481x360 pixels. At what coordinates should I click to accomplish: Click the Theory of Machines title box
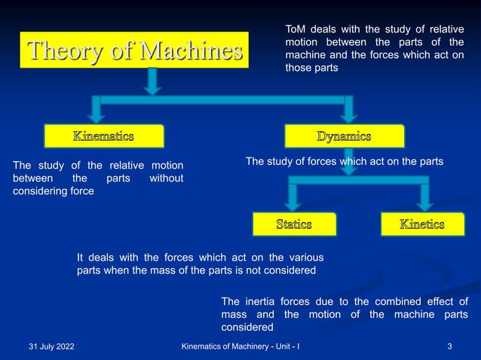tap(134, 50)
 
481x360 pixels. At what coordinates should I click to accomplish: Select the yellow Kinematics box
tap(103, 136)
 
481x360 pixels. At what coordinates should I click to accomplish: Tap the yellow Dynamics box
tap(344, 136)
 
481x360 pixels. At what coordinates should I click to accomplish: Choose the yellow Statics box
tap(293, 224)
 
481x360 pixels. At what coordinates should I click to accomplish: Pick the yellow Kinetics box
tap(421, 224)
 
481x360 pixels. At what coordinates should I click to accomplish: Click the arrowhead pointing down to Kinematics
tap(96, 116)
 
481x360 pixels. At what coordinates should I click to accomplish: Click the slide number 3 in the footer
tap(449, 346)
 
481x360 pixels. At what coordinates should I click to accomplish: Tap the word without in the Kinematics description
tap(166, 178)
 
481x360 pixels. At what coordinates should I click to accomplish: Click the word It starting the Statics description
tap(81, 258)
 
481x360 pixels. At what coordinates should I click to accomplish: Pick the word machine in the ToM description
tap(302, 54)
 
